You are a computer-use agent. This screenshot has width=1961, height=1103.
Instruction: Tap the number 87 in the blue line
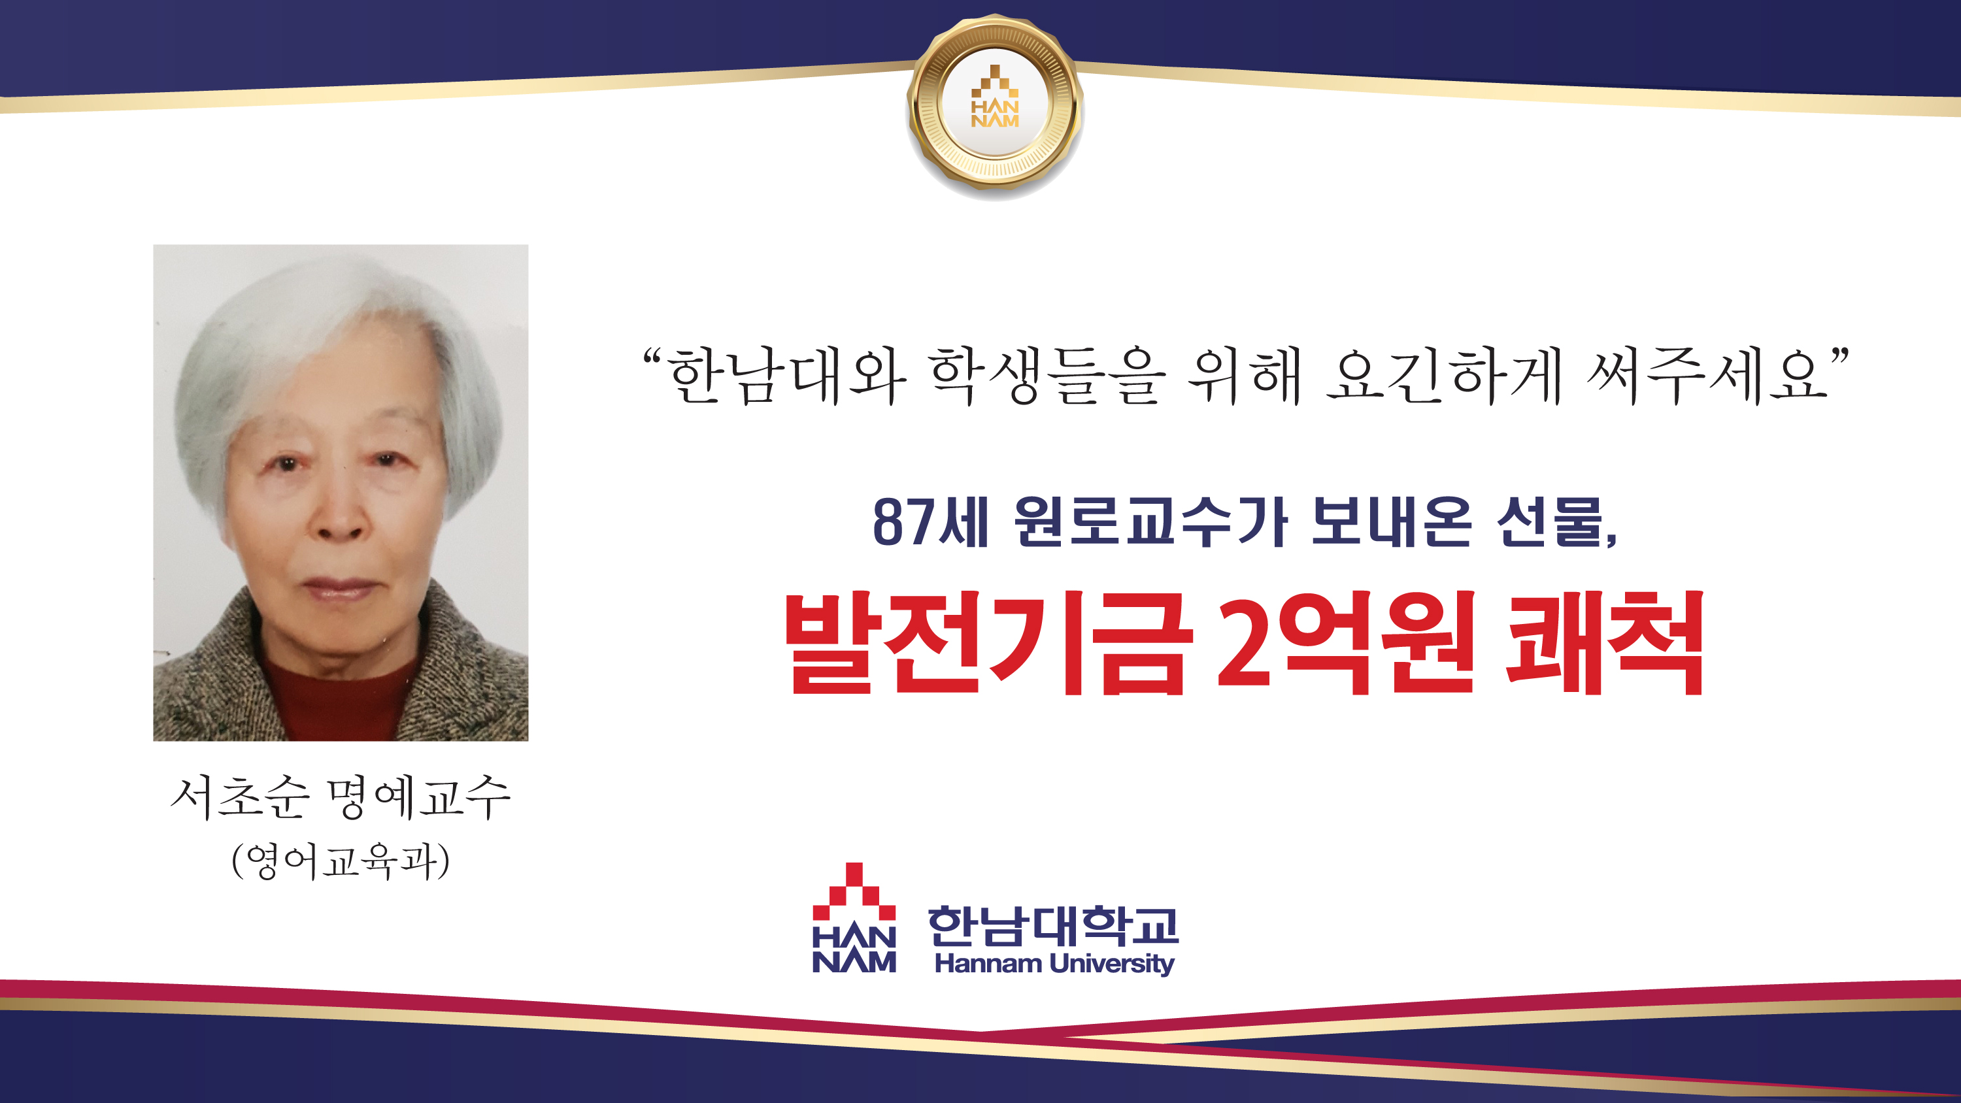pos(903,522)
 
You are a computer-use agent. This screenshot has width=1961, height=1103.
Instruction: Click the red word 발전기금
pos(986,643)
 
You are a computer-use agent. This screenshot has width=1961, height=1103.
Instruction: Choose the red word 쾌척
pos(1605,643)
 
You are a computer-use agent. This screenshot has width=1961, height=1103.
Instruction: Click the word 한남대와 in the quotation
pos(786,375)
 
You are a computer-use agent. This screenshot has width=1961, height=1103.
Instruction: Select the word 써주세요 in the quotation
pos(1707,375)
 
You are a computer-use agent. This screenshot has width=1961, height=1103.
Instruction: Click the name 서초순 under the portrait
pos(240,798)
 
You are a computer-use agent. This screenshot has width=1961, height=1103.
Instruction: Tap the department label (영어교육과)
pos(341,861)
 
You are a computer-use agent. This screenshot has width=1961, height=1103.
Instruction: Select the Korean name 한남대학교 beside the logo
pos(1053,926)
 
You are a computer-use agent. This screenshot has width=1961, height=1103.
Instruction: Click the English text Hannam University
pos(1054,964)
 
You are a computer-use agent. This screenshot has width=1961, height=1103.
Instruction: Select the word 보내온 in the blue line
pos(1391,522)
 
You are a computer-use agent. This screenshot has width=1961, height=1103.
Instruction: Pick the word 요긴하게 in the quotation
pos(1443,375)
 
